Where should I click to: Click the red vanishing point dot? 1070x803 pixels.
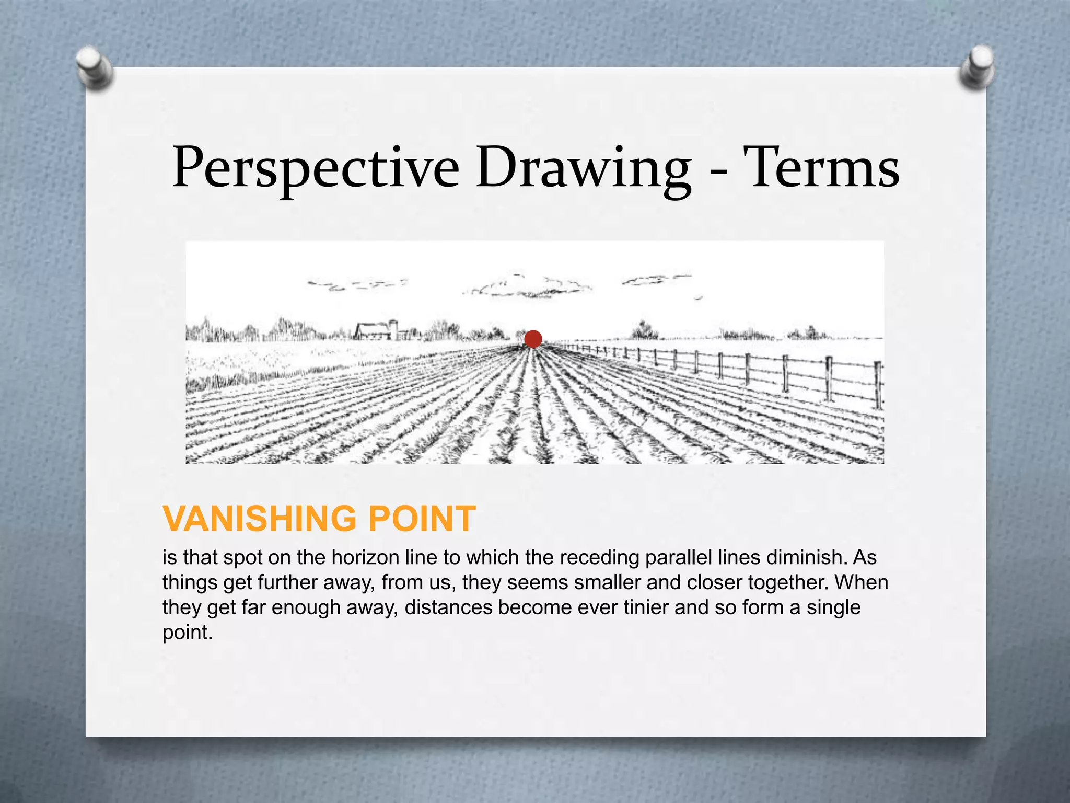coord(533,339)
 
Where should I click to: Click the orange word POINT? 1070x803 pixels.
coord(422,519)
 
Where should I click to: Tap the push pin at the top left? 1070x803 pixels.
coord(94,68)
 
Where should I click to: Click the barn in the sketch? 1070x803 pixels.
coord(372,331)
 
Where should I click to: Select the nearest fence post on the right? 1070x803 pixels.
coord(878,386)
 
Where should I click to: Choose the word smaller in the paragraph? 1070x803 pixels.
coord(607,583)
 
